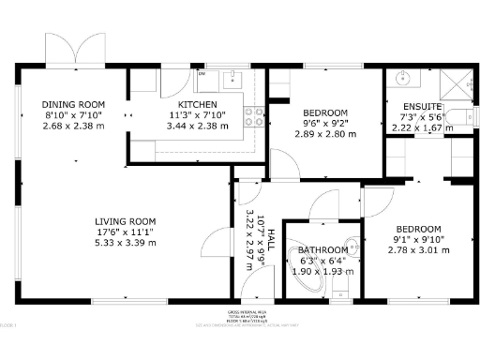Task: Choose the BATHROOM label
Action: pos(322,250)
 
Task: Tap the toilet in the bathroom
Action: pos(341,281)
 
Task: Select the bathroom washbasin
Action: pos(351,247)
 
